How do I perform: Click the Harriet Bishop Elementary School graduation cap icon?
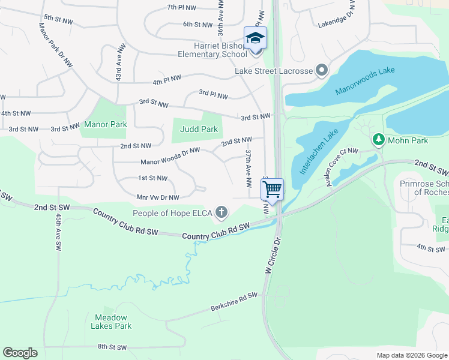pyautogui.click(x=255, y=38)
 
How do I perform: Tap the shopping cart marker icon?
pyautogui.click(x=273, y=190)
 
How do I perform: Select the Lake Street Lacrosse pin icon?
pyautogui.click(x=322, y=71)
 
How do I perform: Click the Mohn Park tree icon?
pyautogui.click(x=378, y=140)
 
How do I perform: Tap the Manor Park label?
pyautogui.click(x=105, y=125)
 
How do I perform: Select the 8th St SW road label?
pyautogui.click(x=113, y=347)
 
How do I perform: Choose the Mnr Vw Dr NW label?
pyautogui.click(x=158, y=197)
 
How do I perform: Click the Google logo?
pyautogui.click(x=20, y=353)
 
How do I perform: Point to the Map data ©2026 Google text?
pyautogui.click(x=411, y=355)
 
